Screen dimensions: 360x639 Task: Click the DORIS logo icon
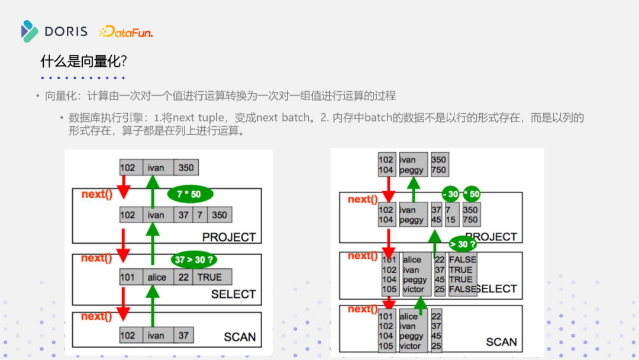[x=29, y=31]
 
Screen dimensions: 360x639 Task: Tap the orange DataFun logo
[x=125, y=32]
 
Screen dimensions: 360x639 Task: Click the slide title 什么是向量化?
[x=83, y=61]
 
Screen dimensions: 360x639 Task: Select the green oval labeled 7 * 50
[x=190, y=195]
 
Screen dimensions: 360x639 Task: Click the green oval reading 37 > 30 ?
[x=194, y=259]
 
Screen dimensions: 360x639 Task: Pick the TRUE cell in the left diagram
[x=210, y=277]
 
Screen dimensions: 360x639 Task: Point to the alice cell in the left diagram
[x=157, y=277]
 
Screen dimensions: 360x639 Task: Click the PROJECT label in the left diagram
[x=229, y=237]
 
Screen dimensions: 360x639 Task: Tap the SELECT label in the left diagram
[x=233, y=294]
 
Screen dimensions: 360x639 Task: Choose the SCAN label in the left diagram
[x=240, y=337]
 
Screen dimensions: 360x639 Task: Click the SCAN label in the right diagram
[x=501, y=342]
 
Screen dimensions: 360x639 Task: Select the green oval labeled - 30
[x=451, y=194]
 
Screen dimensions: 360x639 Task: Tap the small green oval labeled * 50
[x=472, y=194]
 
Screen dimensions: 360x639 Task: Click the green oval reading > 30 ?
[x=462, y=244]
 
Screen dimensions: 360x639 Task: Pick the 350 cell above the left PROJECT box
[x=186, y=168]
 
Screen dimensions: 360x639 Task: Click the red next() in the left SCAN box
[x=96, y=316]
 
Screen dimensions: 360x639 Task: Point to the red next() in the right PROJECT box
[x=363, y=200]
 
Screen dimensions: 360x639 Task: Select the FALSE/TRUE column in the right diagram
[x=461, y=274]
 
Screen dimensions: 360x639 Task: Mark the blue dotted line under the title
[x=83, y=78]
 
